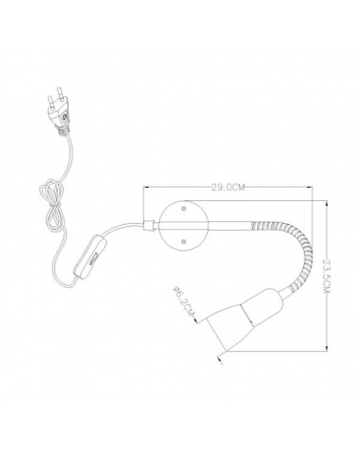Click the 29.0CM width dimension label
(229, 187)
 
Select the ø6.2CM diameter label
(182, 301)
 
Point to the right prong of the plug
(60, 93)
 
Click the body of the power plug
(59, 114)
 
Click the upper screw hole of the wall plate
(184, 209)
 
